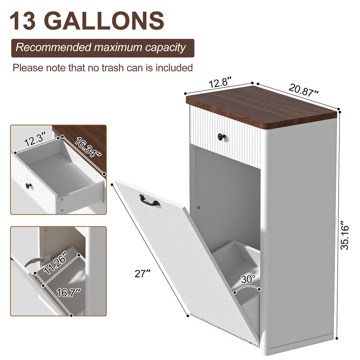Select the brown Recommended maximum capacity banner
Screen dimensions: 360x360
[102, 48]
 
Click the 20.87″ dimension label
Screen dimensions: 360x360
[304, 91]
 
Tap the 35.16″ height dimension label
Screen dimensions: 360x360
[344, 237]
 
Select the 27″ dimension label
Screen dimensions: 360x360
[143, 274]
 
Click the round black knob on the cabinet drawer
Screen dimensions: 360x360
[222, 137]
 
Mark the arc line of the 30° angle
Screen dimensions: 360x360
[247, 287]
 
